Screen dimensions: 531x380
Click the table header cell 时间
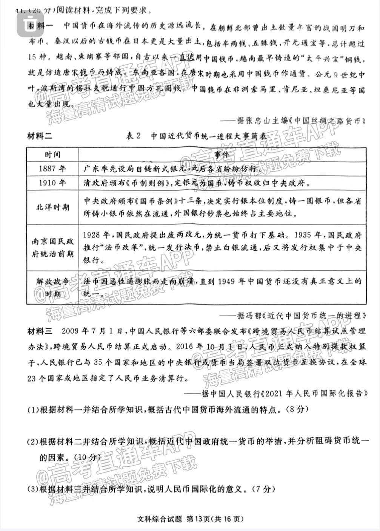[x=52, y=155]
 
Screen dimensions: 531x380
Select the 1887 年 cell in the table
[x=52, y=169]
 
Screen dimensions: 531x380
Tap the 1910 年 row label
[x=52, y=183]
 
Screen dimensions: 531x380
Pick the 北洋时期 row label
[x=52, y=207]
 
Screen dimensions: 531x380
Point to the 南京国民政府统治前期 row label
[x=52, y=248]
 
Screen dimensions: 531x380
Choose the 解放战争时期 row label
[x=52, y=287]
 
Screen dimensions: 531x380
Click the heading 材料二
[x=40, y=136]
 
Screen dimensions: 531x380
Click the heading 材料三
[x=40, y=331]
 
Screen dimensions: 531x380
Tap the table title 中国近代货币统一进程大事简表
[x=209, y=136]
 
